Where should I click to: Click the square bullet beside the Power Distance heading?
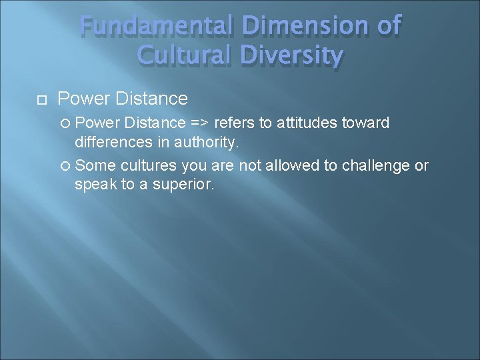click(x=41, y=100)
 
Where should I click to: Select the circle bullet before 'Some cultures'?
click(x=65, y=165)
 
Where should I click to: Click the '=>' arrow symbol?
click(x=199, y=123)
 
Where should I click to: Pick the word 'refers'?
click(x=233, y=123)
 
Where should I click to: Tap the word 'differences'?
click(x=113, y=143)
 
